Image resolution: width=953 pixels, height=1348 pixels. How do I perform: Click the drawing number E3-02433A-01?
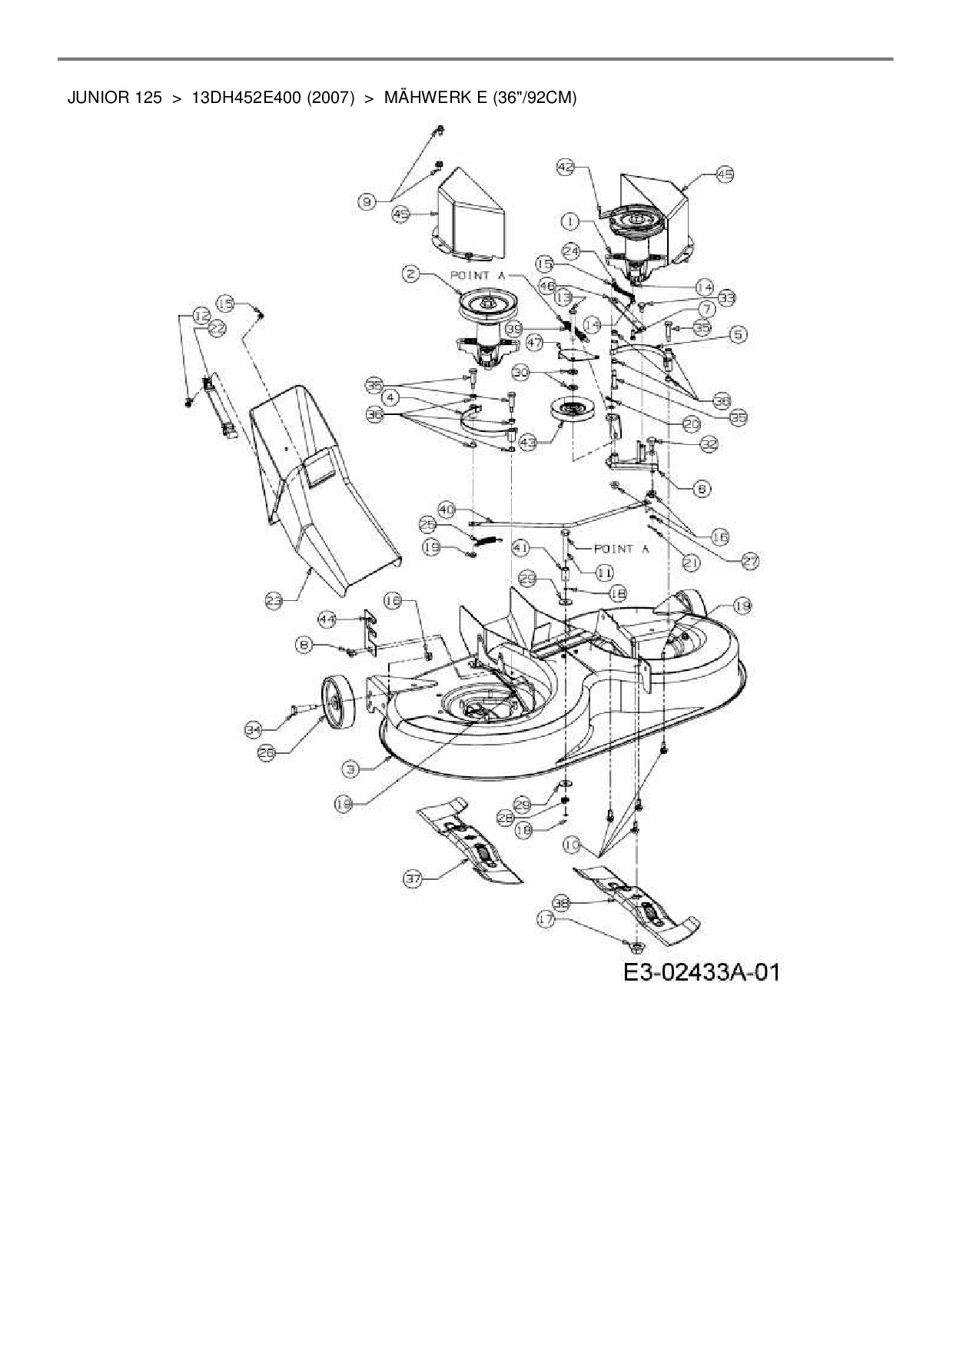(701, 972)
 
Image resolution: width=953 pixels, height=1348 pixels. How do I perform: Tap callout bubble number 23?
(274, 603)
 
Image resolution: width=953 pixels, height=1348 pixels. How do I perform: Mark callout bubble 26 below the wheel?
(266, 754)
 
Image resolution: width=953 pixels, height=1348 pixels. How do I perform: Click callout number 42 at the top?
(566, 167)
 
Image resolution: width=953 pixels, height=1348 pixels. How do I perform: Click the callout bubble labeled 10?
(571, 845)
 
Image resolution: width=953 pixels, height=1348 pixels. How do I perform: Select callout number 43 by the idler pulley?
(527, 443)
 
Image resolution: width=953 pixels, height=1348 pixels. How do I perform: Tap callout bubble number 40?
(447, 509)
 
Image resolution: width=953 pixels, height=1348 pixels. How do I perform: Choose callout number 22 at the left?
(217, 328)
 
